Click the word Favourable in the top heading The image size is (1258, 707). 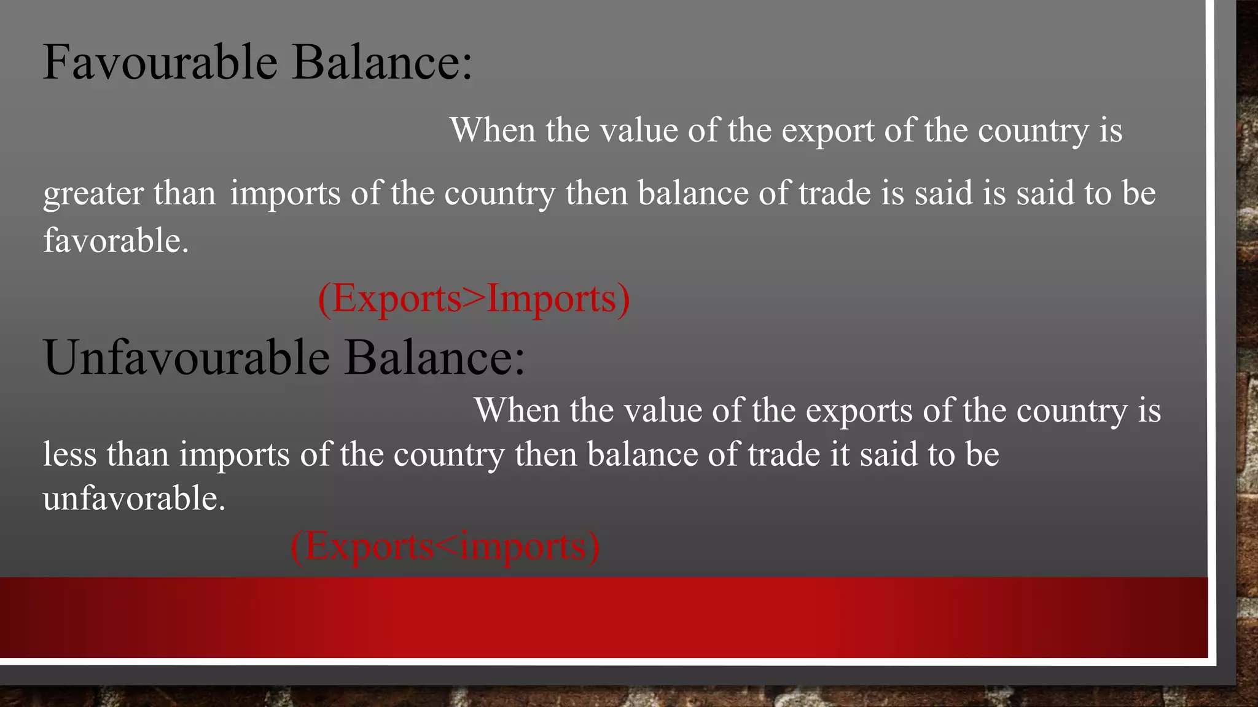tap(160, 62)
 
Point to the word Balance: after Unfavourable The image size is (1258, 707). tap(434, 357)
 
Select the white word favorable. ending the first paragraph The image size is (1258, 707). tap(115, 240)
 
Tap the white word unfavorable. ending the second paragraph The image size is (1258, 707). tap(134, 498)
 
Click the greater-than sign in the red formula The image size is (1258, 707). tap(474, 299)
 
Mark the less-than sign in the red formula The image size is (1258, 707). tap(447, 546)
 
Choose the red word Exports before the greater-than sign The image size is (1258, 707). tap(397, 299)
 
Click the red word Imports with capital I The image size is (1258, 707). tap(551, 299)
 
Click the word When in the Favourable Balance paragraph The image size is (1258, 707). tap(493, 130)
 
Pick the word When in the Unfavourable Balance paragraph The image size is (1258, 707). tap(517, 410)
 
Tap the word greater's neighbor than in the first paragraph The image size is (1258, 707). tap(184, 193)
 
